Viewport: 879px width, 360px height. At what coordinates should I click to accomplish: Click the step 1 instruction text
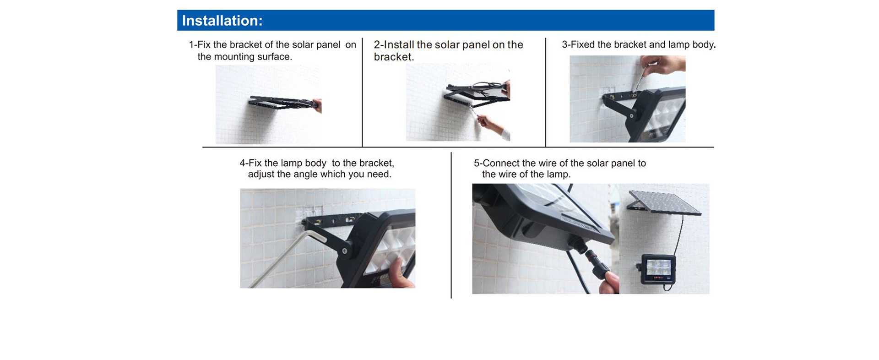[272, 50]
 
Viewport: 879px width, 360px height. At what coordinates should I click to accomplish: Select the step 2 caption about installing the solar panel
[448, 50]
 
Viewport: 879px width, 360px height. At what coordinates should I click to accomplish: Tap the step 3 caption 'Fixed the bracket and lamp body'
[639, 44]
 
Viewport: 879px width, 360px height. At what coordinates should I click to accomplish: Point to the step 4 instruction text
[317, 169]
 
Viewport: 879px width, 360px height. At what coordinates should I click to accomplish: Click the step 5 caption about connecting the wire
[559, 169]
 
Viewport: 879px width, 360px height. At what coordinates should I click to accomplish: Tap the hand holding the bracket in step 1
[317, 105]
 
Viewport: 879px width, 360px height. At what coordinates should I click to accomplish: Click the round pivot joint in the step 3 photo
[632, 116]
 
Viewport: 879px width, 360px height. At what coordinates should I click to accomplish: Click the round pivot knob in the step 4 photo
[344, 250]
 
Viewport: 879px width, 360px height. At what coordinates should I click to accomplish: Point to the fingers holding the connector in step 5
[609, 282]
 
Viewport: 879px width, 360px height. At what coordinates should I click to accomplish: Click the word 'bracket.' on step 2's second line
[394, 57]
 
